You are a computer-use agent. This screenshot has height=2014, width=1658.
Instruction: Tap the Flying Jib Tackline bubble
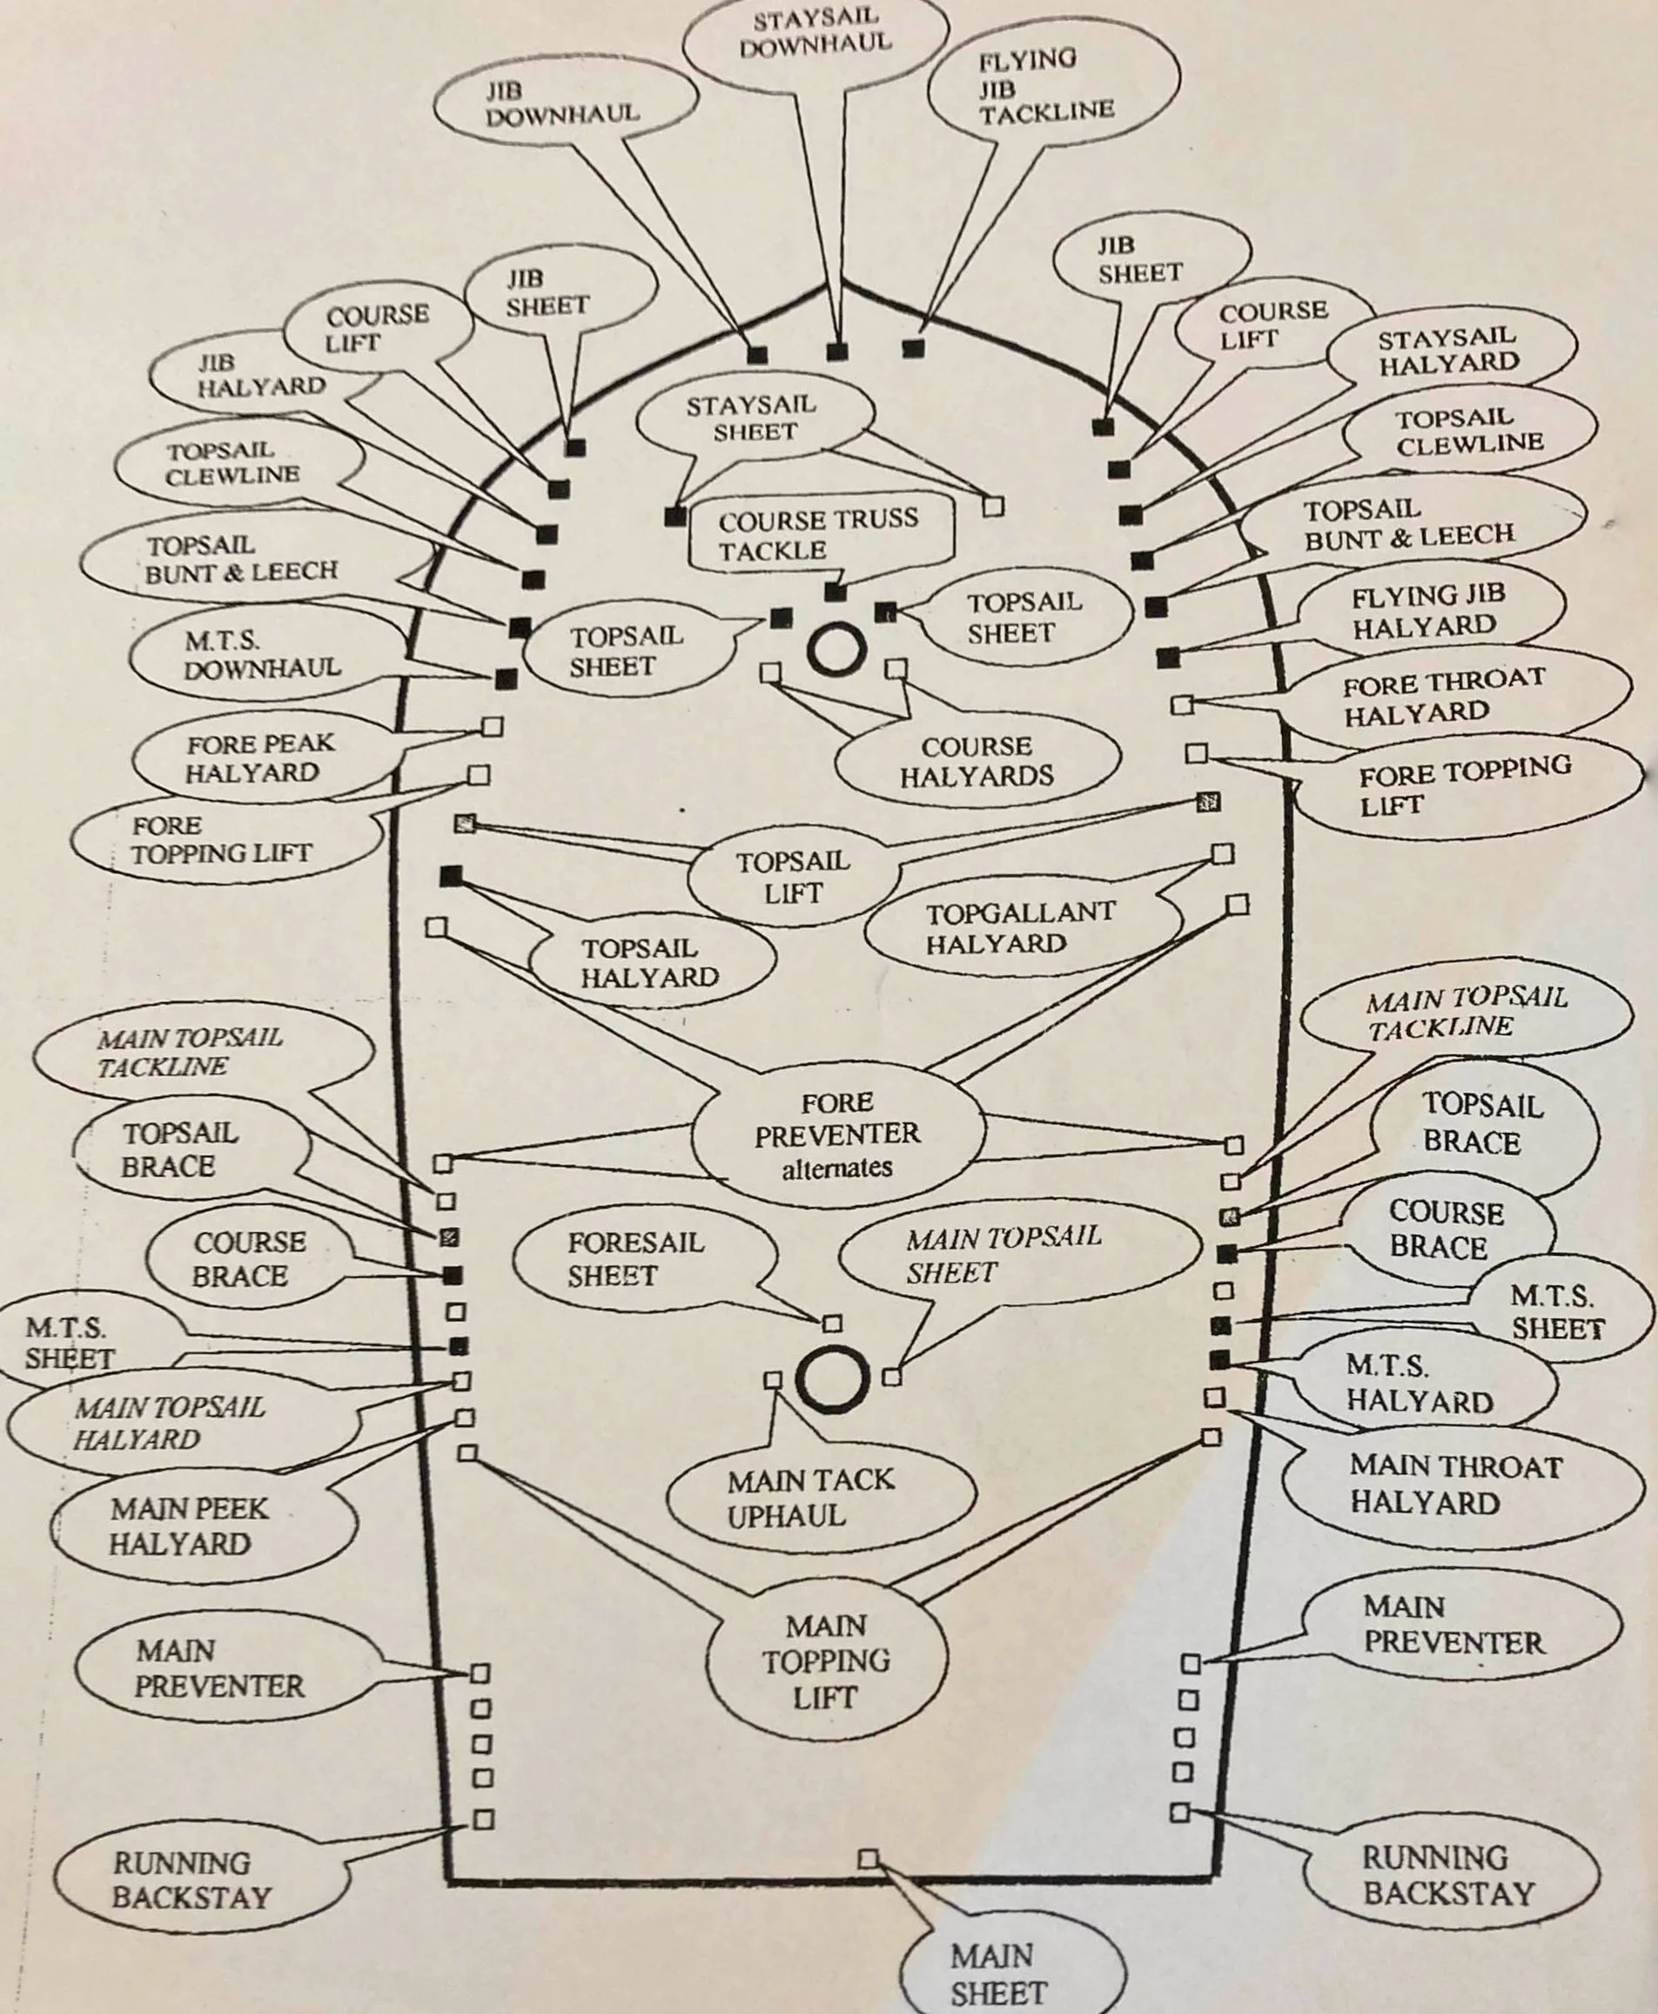tap(1045, 88)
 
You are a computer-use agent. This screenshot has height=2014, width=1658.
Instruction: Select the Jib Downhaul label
tap(561, 104)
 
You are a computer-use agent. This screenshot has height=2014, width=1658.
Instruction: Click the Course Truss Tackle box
tap(820, 535)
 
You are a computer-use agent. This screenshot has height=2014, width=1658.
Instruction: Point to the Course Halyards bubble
tap(976, 760)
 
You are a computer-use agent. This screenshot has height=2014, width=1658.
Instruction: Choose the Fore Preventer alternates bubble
tap(836, 1135)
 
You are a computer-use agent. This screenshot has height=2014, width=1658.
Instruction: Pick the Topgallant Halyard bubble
tap(1020, 927)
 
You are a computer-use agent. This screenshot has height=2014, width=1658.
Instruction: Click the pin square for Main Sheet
tap(867, 1858)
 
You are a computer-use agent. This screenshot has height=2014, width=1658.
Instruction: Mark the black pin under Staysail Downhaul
tap(837, 352)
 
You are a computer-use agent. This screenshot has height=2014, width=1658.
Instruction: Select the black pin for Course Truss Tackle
tap(836, 592)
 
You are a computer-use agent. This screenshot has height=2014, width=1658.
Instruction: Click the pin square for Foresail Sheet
tap(832, 1324)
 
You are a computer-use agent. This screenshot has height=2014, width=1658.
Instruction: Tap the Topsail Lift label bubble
tap(793, 876)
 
